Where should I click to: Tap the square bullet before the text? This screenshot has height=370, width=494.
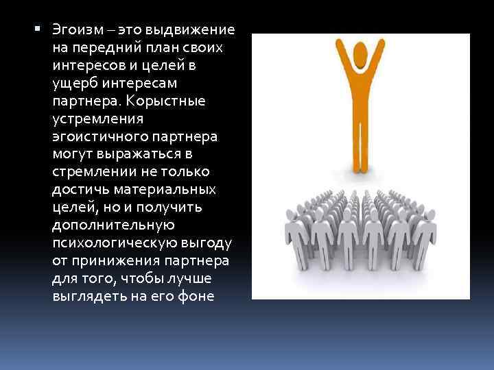(37, 30)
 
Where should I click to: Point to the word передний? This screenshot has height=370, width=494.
(98, 49)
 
